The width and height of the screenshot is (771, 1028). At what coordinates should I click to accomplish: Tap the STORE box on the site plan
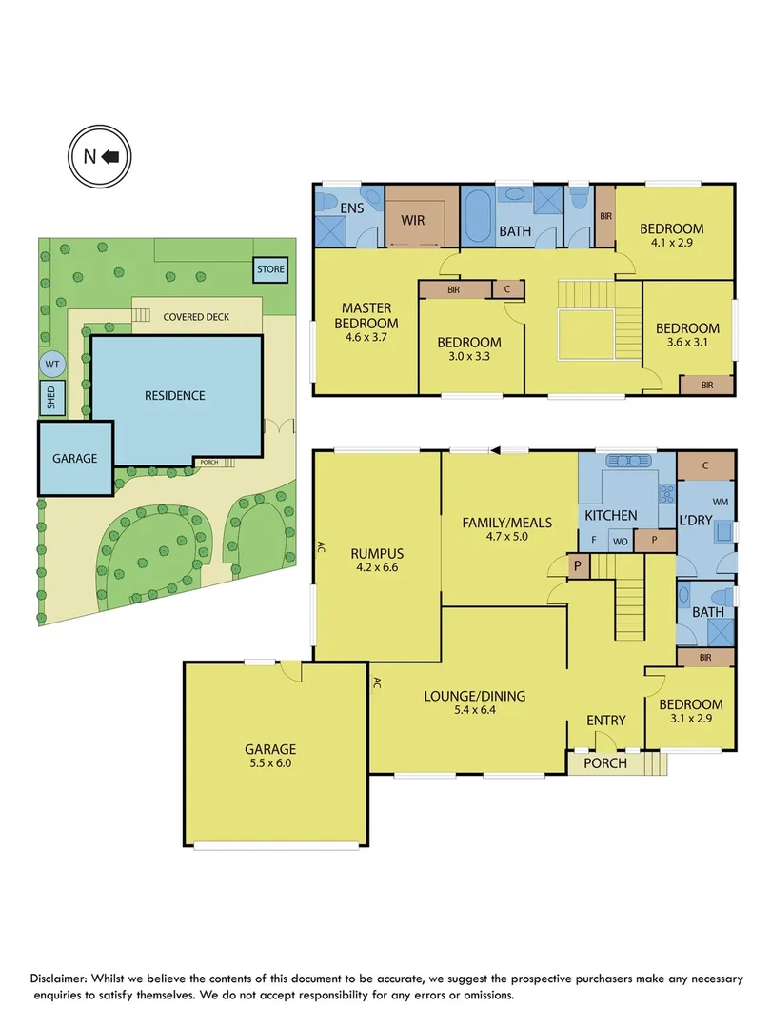click(x=270, y=269)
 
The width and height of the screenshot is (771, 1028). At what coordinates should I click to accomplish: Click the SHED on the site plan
click(x=49, y=398)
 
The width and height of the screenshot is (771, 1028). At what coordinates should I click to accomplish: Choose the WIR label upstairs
click(x=412, y=220)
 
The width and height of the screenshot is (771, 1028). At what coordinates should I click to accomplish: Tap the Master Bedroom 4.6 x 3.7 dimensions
click(x=370, y=336)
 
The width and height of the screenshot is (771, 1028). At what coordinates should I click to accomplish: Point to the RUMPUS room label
click(x=377, y=553)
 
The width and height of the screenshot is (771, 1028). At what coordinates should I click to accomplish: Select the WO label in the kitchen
click(x=620, y=540)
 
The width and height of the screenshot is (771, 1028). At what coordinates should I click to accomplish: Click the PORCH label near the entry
click(x=604, y=762)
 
